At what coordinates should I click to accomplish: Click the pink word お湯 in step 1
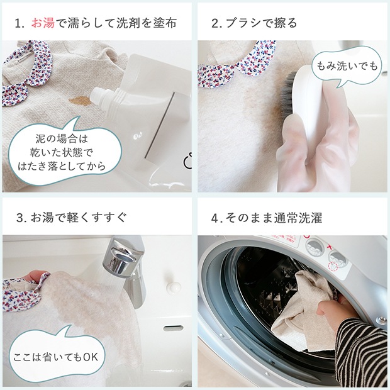click(x=43, y=23)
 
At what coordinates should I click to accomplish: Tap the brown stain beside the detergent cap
click(x=79, y=101)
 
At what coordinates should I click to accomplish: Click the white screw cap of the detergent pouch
click(x=100, y=96)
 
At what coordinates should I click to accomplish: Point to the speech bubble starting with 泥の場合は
click(x=64, y=152)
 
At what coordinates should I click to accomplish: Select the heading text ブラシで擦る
click(x=261, y=23)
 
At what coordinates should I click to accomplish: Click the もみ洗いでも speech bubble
click(x=347, y=67)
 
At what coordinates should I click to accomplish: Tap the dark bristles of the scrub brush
click(x=287, y=94)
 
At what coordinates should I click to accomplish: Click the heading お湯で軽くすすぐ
click(x=79, y=218)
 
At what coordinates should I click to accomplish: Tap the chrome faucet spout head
click(x=120, y=257)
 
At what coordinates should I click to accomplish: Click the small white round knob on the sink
click(x=174, y=287)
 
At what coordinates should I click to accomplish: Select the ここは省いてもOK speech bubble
click(x=56, y=355)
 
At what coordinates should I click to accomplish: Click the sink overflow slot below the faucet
click(x=173, y=328)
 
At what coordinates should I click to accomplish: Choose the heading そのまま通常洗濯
click(x=274, y=218)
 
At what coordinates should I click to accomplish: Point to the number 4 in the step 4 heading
click(x=215, y=218)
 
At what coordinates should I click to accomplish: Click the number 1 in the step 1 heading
click(x=18, y=24)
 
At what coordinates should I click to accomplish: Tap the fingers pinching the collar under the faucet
click(x=38, y=277)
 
